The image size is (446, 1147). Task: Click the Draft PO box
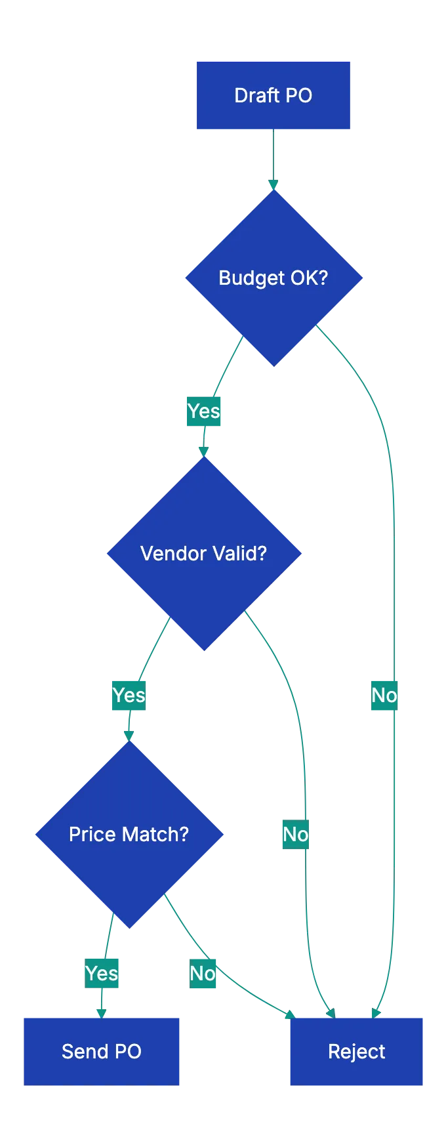(273, 95)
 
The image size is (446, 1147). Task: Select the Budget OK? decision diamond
(274, 278)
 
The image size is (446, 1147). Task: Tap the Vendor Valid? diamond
(204, 553)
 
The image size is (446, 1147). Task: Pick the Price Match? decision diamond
(129, 834)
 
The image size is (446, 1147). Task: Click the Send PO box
(102, 1051)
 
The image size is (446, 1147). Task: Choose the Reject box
(356, 1051)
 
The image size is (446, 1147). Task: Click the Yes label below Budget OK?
(204, 411)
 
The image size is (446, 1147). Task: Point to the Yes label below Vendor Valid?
(129, 695)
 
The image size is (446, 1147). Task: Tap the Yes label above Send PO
(102, 973)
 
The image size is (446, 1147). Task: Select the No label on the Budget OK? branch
(384, 695)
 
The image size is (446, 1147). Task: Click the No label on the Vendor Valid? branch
(295, 834)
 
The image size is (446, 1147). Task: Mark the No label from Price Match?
(203, 973)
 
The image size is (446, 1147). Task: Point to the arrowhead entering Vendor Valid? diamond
(204, 451)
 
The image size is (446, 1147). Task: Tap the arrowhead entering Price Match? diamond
(129, 734)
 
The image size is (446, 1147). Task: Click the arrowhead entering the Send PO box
(102, 1012)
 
